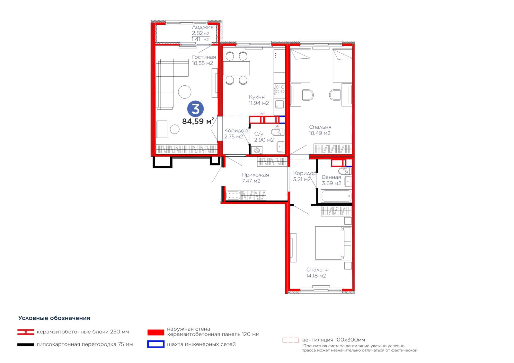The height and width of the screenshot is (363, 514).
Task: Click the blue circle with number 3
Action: point(195,109)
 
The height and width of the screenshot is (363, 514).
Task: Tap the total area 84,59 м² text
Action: point(198,121)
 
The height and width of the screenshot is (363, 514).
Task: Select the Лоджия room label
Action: point(203,27)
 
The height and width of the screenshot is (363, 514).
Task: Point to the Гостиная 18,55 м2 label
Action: point(204,60)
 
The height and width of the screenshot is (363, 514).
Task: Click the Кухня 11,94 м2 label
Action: point(259,100)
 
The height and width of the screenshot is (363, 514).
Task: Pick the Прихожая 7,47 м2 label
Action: point(255,178)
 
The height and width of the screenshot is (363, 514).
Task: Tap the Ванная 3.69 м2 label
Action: point(332,180)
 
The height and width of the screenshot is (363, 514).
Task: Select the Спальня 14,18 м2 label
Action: point(317,272)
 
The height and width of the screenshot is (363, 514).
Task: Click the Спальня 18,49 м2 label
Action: point(320,130)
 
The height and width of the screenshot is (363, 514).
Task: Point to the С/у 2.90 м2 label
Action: point(264,137)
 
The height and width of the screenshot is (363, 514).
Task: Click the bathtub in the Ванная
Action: point(336,196)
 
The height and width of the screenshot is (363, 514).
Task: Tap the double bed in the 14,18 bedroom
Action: point(333,243)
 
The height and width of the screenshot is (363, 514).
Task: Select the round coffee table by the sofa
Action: point(184,92)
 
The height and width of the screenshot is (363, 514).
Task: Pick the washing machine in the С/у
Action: point(257,150)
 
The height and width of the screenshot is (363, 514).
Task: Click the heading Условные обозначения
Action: point(54,318)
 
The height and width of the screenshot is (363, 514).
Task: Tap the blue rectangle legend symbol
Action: point(156,344)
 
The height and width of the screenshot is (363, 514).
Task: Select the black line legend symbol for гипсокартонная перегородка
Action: point(26,345)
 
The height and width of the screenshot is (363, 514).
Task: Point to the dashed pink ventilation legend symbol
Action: point(290,340)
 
